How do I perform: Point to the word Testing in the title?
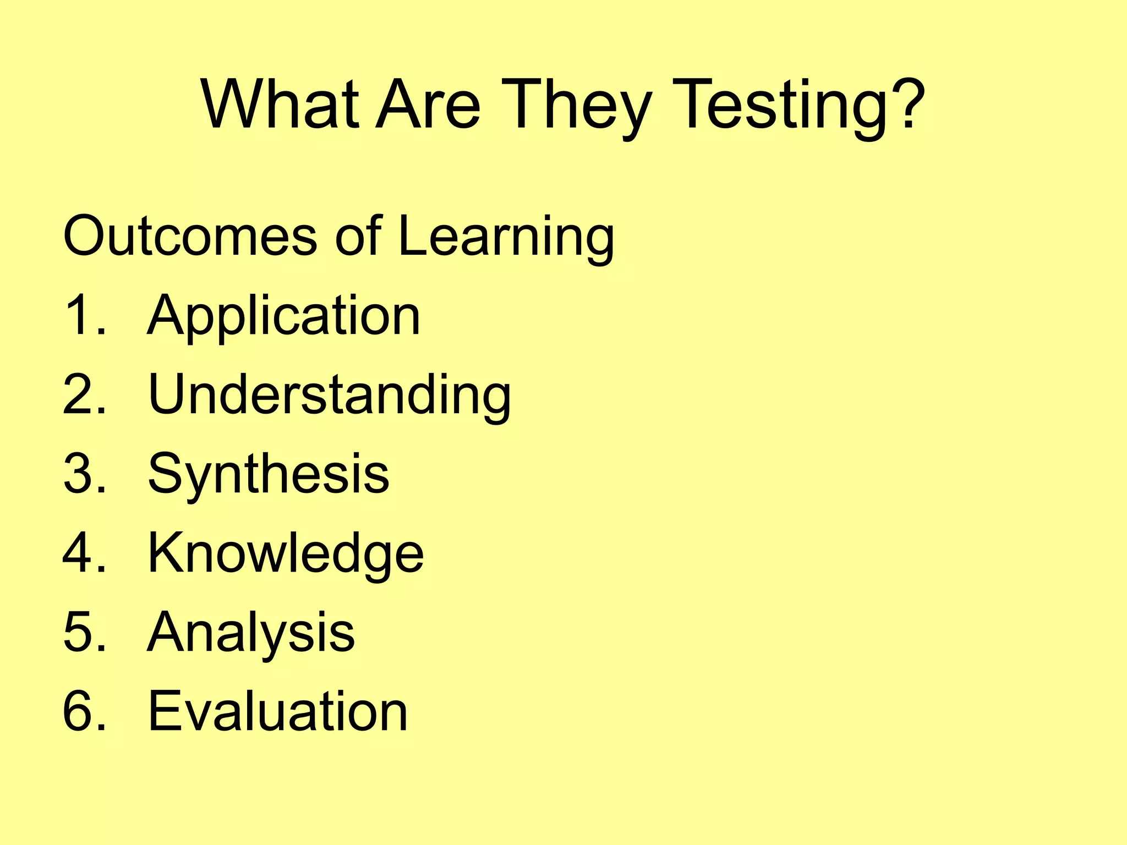tap(781, 105)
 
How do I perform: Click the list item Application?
tap(284, 316)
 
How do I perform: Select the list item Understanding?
tap(330, 394)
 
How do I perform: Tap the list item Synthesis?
tap(269, 474)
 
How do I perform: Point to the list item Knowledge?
tap(286, 553)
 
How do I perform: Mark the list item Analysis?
tap(251, 633)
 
